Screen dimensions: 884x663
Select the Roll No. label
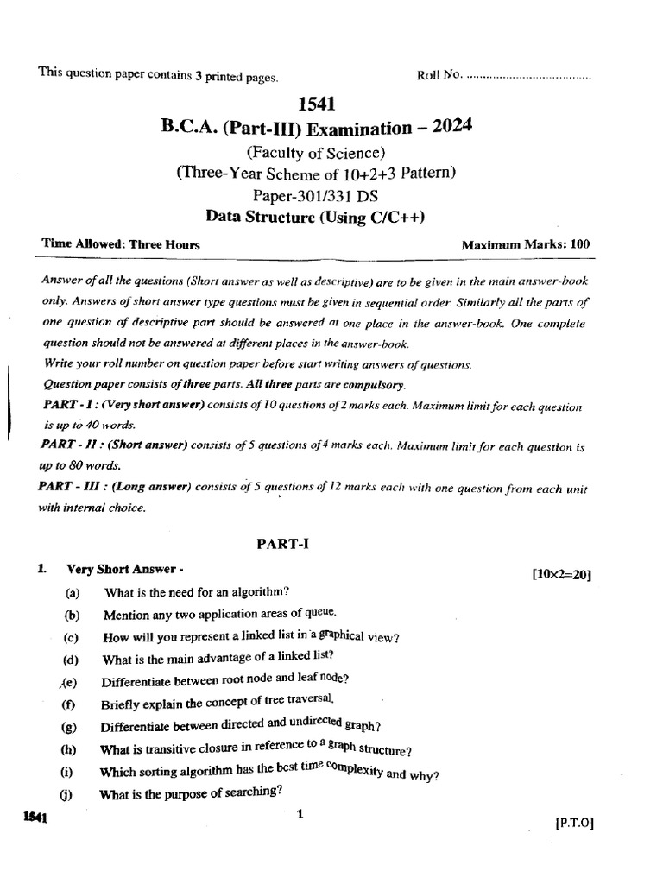click(439, 76)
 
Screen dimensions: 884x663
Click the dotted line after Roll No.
click(527, 77)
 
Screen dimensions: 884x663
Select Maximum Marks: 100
click(526, 244)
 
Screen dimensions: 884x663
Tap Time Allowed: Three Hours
click(121, 244)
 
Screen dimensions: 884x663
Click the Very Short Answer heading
click(124, 570)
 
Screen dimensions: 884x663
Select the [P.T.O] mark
click(575, 824)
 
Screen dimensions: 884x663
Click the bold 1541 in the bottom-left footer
click(35, 818)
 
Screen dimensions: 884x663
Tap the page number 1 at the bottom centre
click(299, 813)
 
